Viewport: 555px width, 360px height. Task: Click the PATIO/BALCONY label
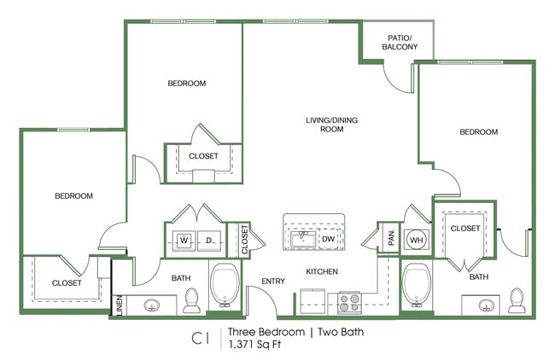point(400,42)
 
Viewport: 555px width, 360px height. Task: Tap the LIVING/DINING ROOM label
point(331,125)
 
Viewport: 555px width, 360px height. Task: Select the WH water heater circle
point(417,240)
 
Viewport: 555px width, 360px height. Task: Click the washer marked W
point(184,241)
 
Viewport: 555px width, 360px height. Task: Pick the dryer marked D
point(209,241)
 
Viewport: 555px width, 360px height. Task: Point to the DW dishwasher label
point(328,239)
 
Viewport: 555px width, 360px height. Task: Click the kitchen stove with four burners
point(349,303)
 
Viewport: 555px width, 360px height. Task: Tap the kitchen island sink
point(303,240)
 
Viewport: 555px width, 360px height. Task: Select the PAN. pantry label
point(391,238)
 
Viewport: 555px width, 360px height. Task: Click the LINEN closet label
point(120,305)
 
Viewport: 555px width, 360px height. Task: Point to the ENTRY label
point(273,282)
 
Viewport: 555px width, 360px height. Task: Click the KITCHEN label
point(322,271)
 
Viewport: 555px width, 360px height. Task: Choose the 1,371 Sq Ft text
point(254,344)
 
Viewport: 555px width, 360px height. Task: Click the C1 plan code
point(201,339)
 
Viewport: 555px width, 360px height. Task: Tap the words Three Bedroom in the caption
point(266,332)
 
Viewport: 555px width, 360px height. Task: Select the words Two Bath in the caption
point(341,332)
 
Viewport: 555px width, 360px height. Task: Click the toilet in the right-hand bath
point(517,300)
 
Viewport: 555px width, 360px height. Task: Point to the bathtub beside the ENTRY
point(225,285)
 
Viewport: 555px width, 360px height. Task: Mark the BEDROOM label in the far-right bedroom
point(478,132)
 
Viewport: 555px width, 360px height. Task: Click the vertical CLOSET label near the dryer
point(244,240)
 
